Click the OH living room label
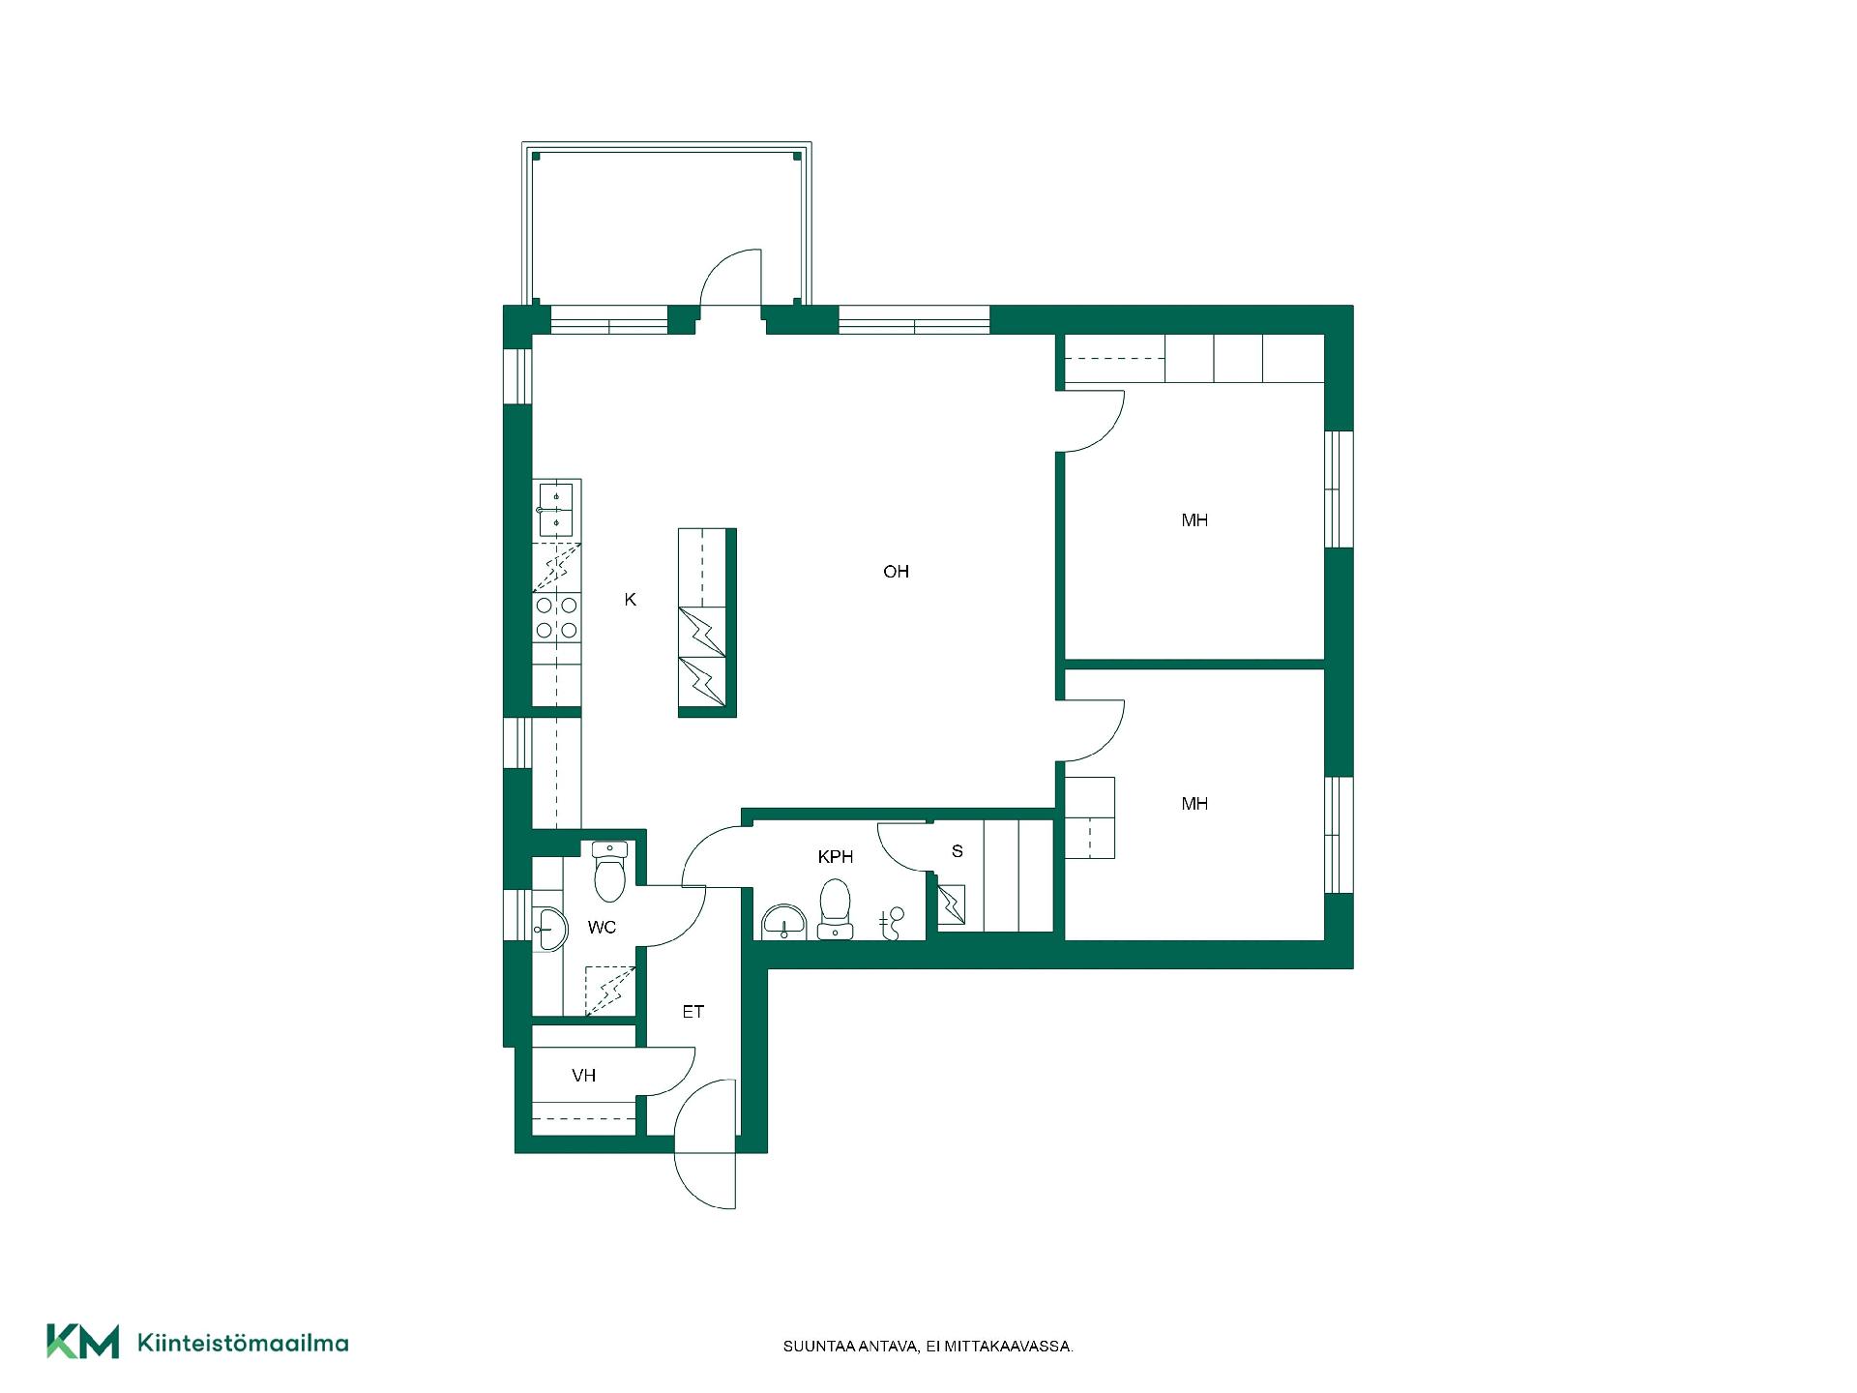tap(896, 572)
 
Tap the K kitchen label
tap(631, 600)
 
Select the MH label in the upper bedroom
tap(1194, 520)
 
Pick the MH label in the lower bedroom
tap(1194, 804)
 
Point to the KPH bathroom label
tap(836, 857)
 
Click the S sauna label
tap(958, 851)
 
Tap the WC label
tap(602, 928)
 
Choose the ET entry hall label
tap(693, 1012)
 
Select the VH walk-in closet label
tap(583, 1076)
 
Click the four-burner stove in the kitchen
tap(557, 618)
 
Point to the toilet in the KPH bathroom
tap(835, 908)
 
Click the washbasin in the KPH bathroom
tap(783, 922)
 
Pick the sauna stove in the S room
tap(952, 905)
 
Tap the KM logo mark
tap(83, 1342)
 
